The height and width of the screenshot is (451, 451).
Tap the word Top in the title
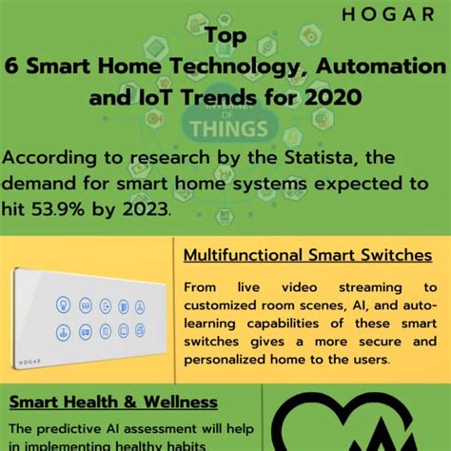pos(225,37)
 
